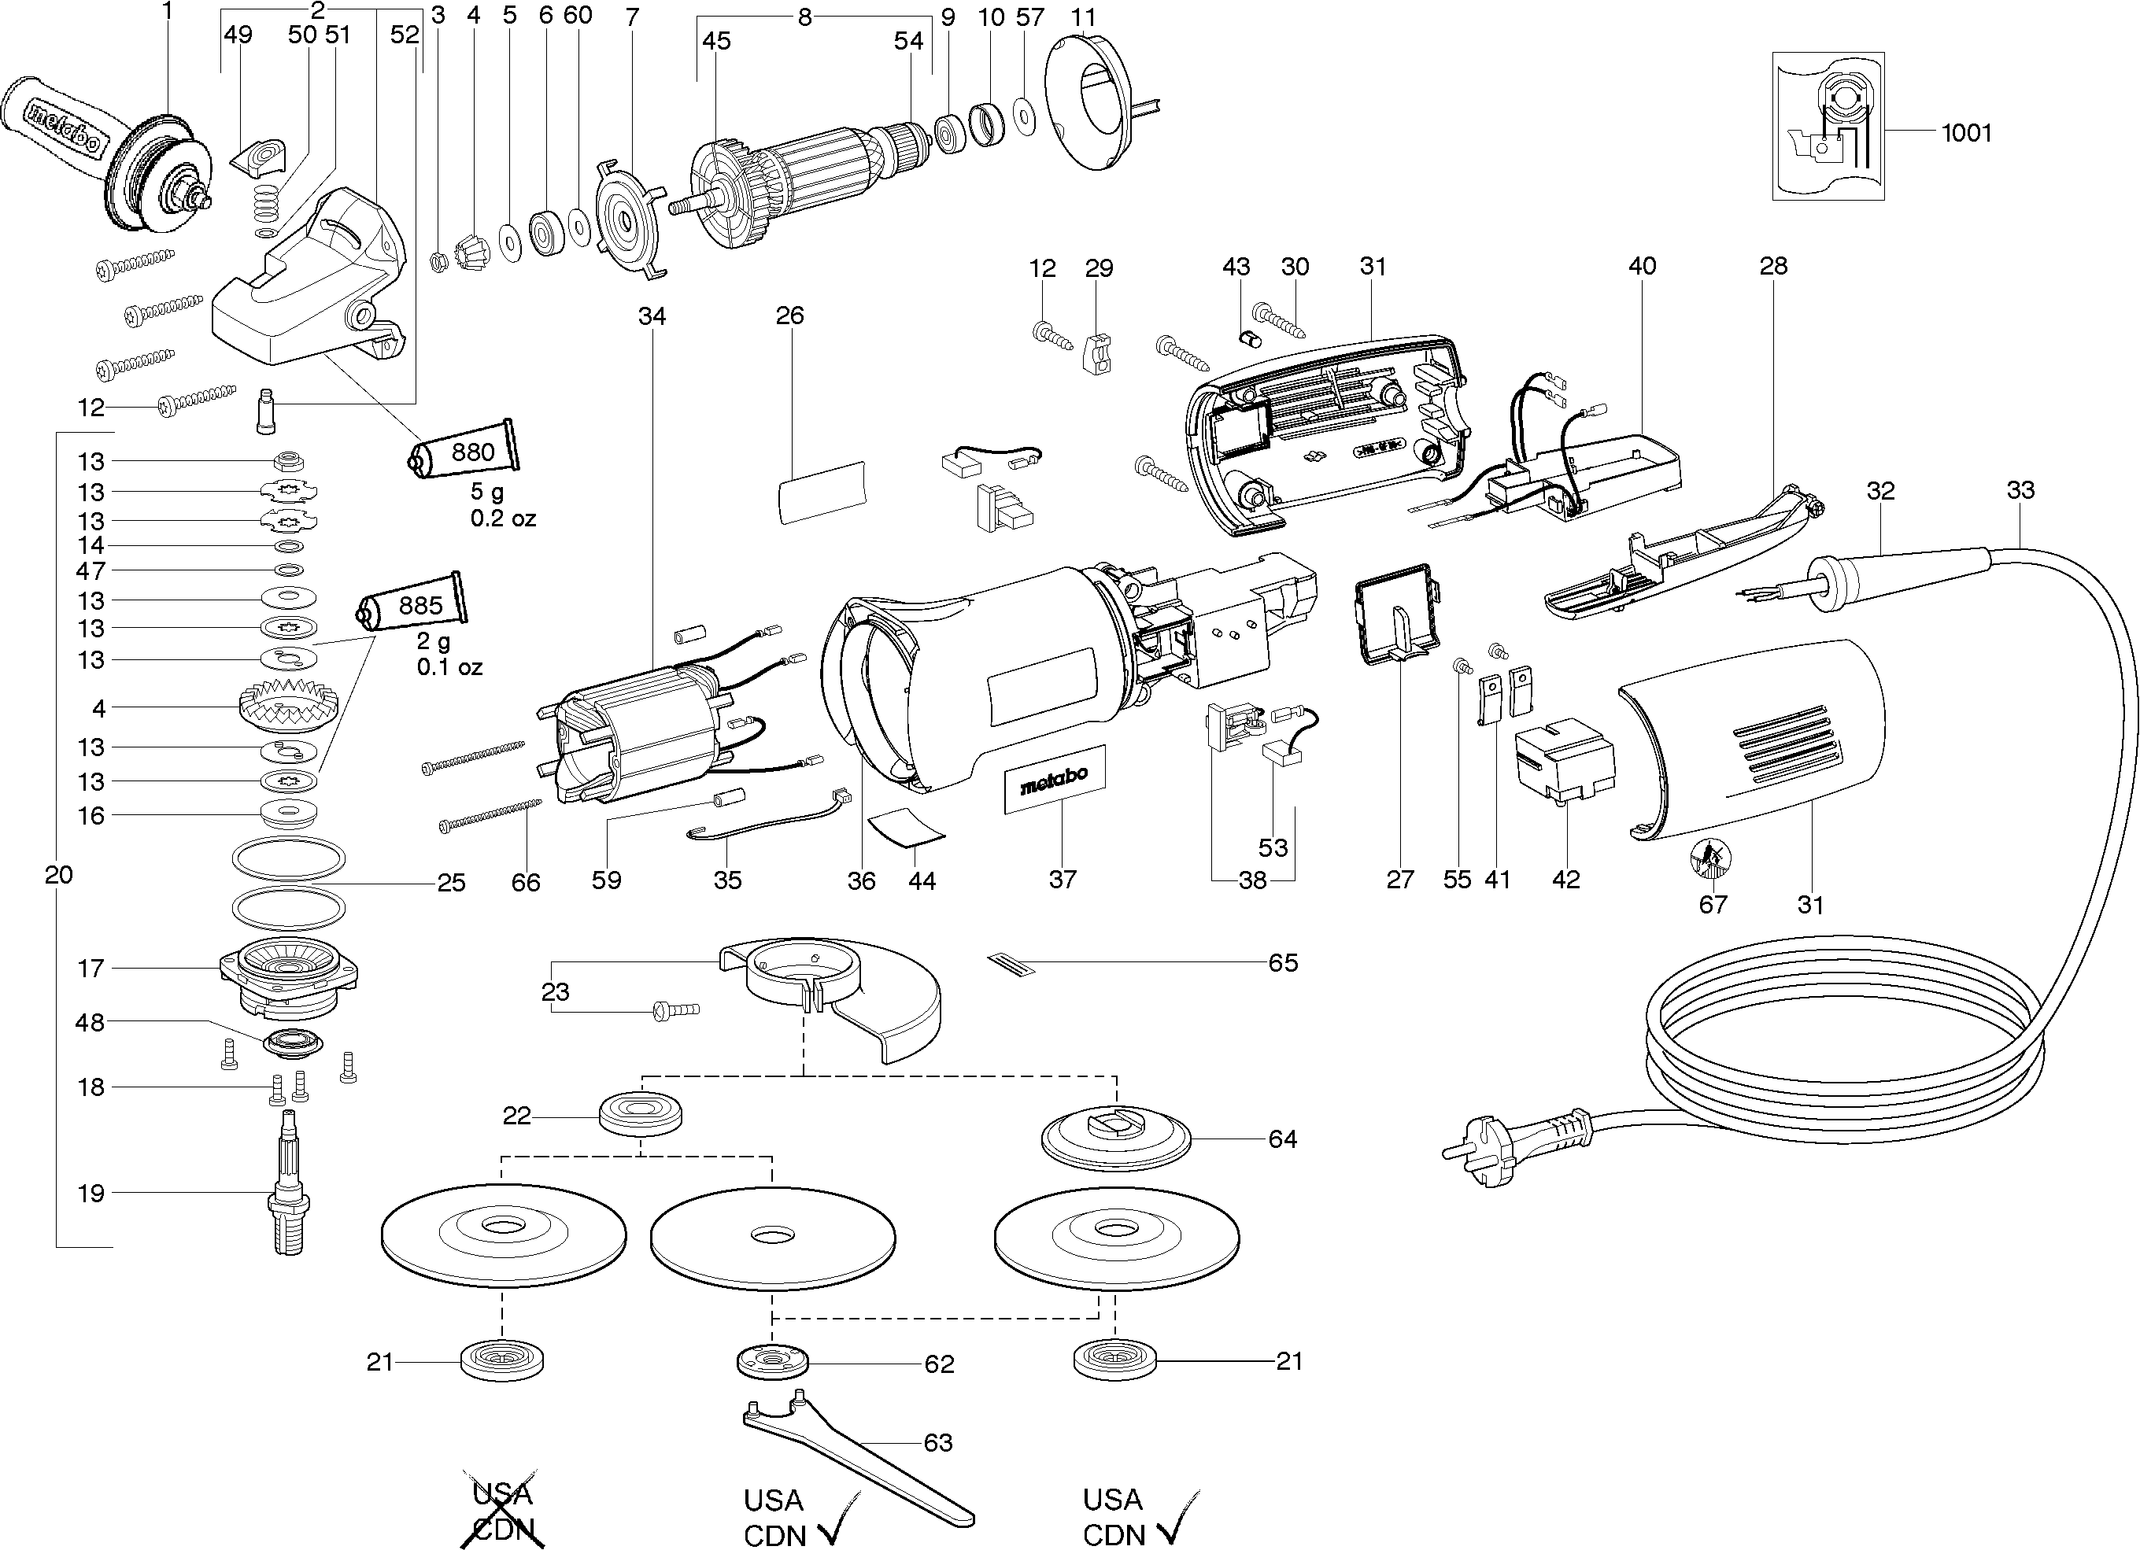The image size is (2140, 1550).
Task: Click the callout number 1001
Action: point(1966,133)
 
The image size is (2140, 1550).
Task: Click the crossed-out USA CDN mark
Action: point(503,1511)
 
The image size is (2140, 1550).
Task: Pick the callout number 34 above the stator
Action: point(652,316)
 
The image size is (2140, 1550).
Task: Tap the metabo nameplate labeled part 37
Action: point(1054,779)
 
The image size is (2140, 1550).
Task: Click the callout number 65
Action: point(1283,963)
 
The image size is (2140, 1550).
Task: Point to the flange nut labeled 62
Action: point(773,1362)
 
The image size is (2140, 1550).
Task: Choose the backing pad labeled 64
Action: point(1115,1139)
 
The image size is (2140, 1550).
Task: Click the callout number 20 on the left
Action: point(58,874)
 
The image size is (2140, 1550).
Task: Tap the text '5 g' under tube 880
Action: point(488,492)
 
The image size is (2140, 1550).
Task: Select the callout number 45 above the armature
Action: point(716,41)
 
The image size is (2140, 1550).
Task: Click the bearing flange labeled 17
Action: point(289,973)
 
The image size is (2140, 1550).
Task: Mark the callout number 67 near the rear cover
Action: point(1713,905)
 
